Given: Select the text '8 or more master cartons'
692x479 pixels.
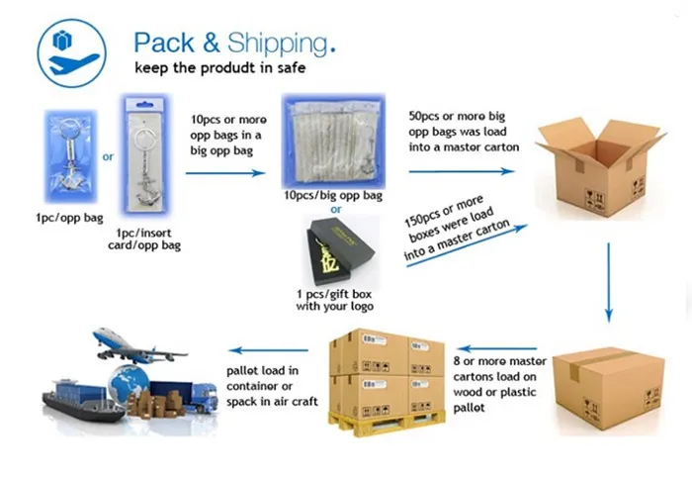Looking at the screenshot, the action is [498, 356].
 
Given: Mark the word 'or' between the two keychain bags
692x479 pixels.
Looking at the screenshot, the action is [108, 155].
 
